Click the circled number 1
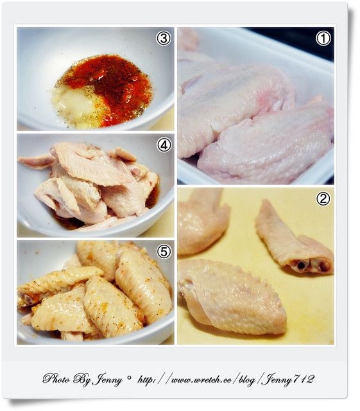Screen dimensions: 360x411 tap(323, 39)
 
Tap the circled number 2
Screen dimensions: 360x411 tap(323, 199)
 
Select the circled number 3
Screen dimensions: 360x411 tap(164, 39)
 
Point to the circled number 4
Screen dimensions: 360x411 tap(164, 145)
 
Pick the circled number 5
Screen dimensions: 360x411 tap(164, 252)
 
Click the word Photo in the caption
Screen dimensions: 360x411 tap(56, 380)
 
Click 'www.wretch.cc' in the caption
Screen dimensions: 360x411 tap(201, 380)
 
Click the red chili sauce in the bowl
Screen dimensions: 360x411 tap(110, 87)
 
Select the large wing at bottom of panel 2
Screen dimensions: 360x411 tap(232, 296)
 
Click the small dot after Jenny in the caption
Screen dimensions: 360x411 tap(128, 378)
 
